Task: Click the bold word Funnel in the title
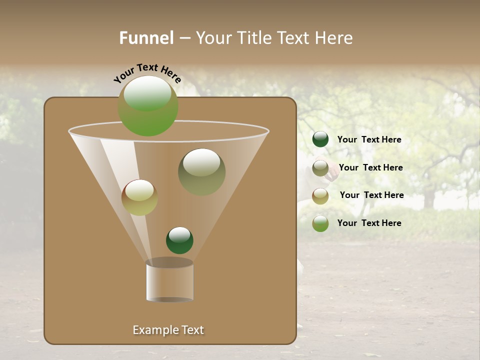coord(146,38)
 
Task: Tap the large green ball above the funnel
coord(148,106)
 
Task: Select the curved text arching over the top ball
coord(147,73)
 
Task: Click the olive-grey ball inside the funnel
coord(201,172)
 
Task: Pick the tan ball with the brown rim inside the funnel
coord(139,197)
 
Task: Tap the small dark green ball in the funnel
coord(179,240)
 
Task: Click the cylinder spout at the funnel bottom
coord(169,280)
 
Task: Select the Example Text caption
coord(168,330)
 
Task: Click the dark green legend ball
coord(320,139)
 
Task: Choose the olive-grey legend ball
coord(320,168)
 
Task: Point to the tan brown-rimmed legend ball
coord(320,195)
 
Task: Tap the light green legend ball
coord(320,223)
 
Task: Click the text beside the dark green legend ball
coord(369,140)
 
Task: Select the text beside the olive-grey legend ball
coord(370,168)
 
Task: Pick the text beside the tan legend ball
coord(371,195)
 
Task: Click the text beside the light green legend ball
coord(369,223)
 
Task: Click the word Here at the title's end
coord(335,38)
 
